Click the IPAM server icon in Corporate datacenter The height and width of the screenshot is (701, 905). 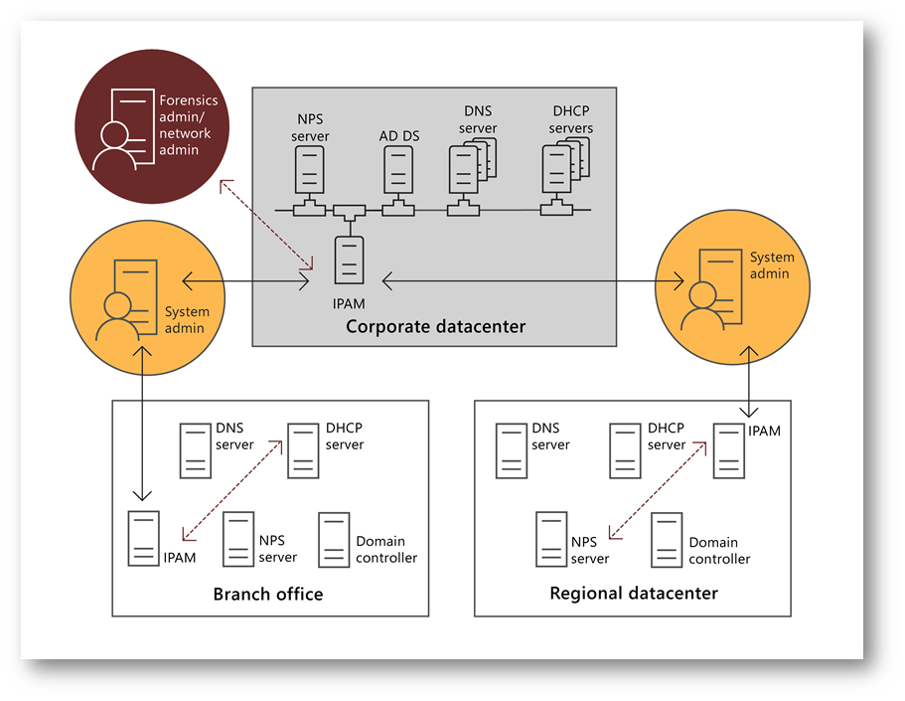point(349,260)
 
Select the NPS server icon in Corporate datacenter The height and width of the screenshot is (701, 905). point(309,170)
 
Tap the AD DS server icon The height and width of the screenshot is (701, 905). point(398,170)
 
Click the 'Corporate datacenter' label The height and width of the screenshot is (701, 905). point(435,326)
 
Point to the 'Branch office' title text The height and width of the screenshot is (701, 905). point(268,594)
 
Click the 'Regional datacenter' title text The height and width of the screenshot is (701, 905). point(634,594)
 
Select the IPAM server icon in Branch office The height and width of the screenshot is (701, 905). point(144,538)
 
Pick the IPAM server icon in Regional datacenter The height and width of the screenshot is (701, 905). point(729,450)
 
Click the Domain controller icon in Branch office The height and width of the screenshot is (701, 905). point(334,539)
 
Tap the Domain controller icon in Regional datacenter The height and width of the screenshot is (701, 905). point(667,540)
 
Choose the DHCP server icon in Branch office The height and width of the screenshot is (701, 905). point(302,449)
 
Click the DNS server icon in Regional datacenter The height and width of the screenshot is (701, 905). point(511,450)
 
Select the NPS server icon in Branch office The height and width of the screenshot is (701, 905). point(238,539)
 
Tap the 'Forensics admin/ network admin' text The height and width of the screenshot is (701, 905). point(189,125)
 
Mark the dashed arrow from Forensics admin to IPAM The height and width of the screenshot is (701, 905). point(267,225)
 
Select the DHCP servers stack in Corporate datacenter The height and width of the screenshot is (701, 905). point(562,168)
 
